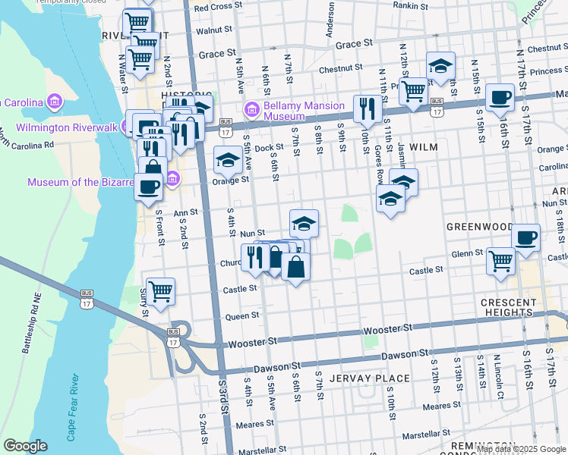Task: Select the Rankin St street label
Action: coord(412,5)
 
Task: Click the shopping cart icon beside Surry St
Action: coord(160,290)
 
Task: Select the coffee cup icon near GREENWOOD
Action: coord(525,237)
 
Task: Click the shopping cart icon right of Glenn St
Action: coord(501,261)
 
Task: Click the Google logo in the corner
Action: coord(25,446)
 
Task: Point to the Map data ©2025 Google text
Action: coord(521,449)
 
